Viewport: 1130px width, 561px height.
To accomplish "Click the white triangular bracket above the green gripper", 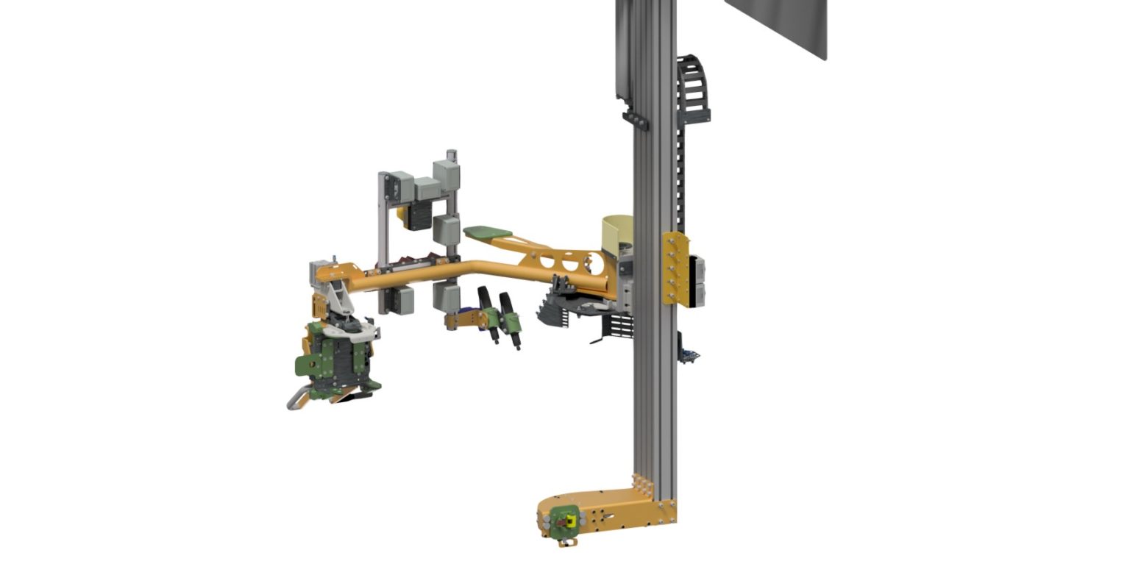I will [338, 298].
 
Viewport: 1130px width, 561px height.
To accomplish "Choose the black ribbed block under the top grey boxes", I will [417, 215].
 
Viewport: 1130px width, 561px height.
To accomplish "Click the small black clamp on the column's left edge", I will [635, 120].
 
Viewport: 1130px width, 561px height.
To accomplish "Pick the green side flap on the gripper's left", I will [304, 362].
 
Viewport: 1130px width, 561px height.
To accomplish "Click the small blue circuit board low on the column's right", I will [690, 357].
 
